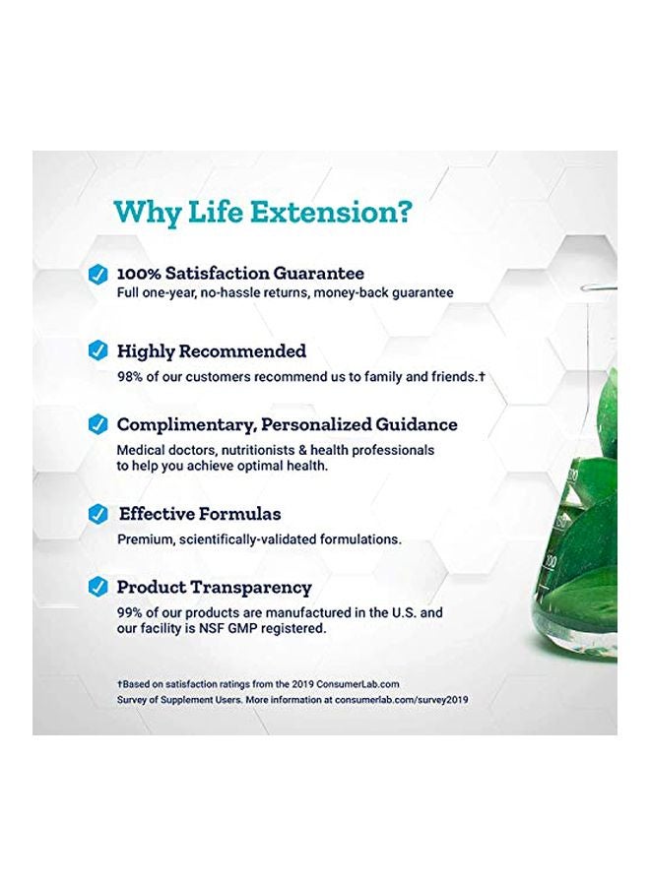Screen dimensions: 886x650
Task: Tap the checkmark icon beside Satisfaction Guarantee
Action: (x=97, y=275)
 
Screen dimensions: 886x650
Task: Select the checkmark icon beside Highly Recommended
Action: (x=97, y=350)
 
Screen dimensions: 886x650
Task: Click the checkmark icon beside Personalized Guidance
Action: (x=97, y=425)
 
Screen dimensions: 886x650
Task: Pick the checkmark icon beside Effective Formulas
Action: (x=97, y=514)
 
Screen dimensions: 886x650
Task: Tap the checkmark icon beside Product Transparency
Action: (x=97, y=588)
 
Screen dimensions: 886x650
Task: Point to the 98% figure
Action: (x=131, y=376)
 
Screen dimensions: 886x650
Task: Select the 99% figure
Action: (x=131, y=612)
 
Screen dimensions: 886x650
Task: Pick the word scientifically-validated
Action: (x=253, y=539)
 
